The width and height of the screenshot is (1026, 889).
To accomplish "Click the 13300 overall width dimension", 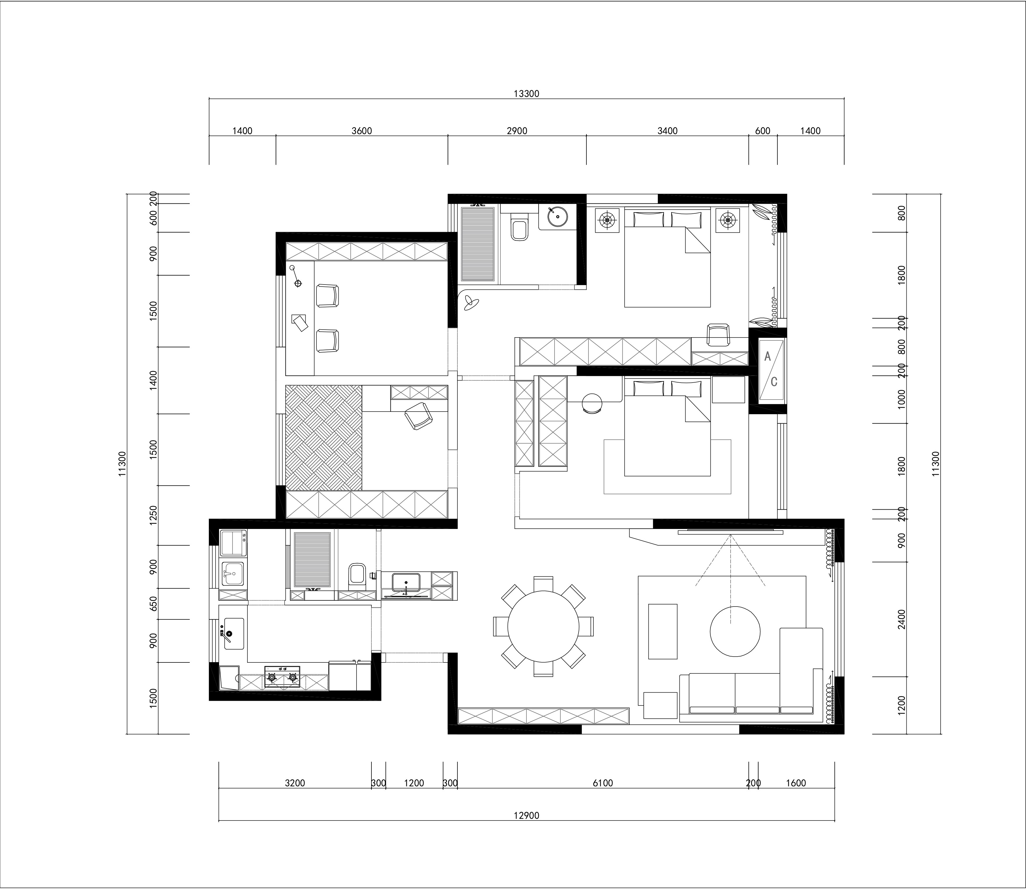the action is tap(526, 94).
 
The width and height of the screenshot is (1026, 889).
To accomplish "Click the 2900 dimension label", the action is tap(517, 131).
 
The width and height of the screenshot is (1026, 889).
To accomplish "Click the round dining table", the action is tap(543, 626).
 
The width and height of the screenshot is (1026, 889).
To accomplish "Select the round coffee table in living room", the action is tap(736, 631).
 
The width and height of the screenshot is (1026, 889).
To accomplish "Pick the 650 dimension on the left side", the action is tap(153, 604).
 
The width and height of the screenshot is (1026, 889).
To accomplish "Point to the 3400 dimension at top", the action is tap(667, 131).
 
